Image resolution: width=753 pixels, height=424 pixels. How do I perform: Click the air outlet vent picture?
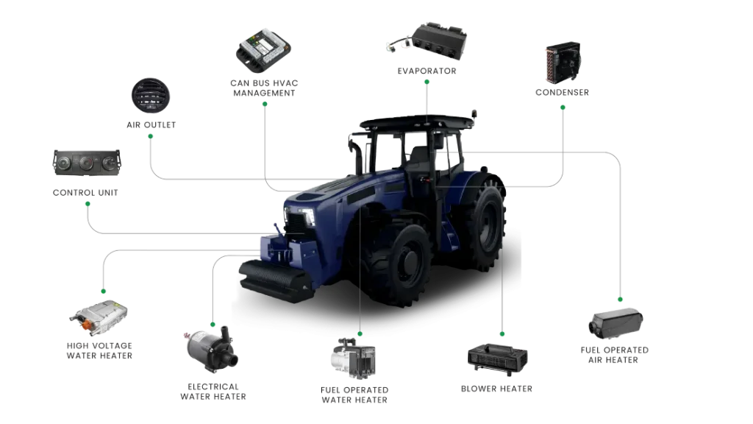[151, 96]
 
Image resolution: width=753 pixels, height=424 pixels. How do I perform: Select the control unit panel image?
[87, 163]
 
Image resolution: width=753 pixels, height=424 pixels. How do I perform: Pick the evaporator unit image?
[427, 41]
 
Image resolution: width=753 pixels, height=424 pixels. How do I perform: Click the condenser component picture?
[563, 62]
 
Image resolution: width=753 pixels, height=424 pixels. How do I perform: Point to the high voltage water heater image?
[99, 317]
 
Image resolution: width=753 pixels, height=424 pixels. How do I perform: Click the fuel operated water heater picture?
[353, 358]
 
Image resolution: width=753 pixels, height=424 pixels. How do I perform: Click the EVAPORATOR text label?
[427, 71]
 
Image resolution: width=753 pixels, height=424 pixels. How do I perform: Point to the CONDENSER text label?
[563, 92]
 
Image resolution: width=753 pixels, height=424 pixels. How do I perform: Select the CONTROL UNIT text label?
[85, 193]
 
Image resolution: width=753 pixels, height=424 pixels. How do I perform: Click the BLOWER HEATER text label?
[496, 389]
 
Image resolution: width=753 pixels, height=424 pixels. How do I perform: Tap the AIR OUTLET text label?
[151, 125]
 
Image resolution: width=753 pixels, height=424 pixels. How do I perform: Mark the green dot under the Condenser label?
[563, 107]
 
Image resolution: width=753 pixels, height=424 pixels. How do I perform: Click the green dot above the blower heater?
[502, 333]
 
